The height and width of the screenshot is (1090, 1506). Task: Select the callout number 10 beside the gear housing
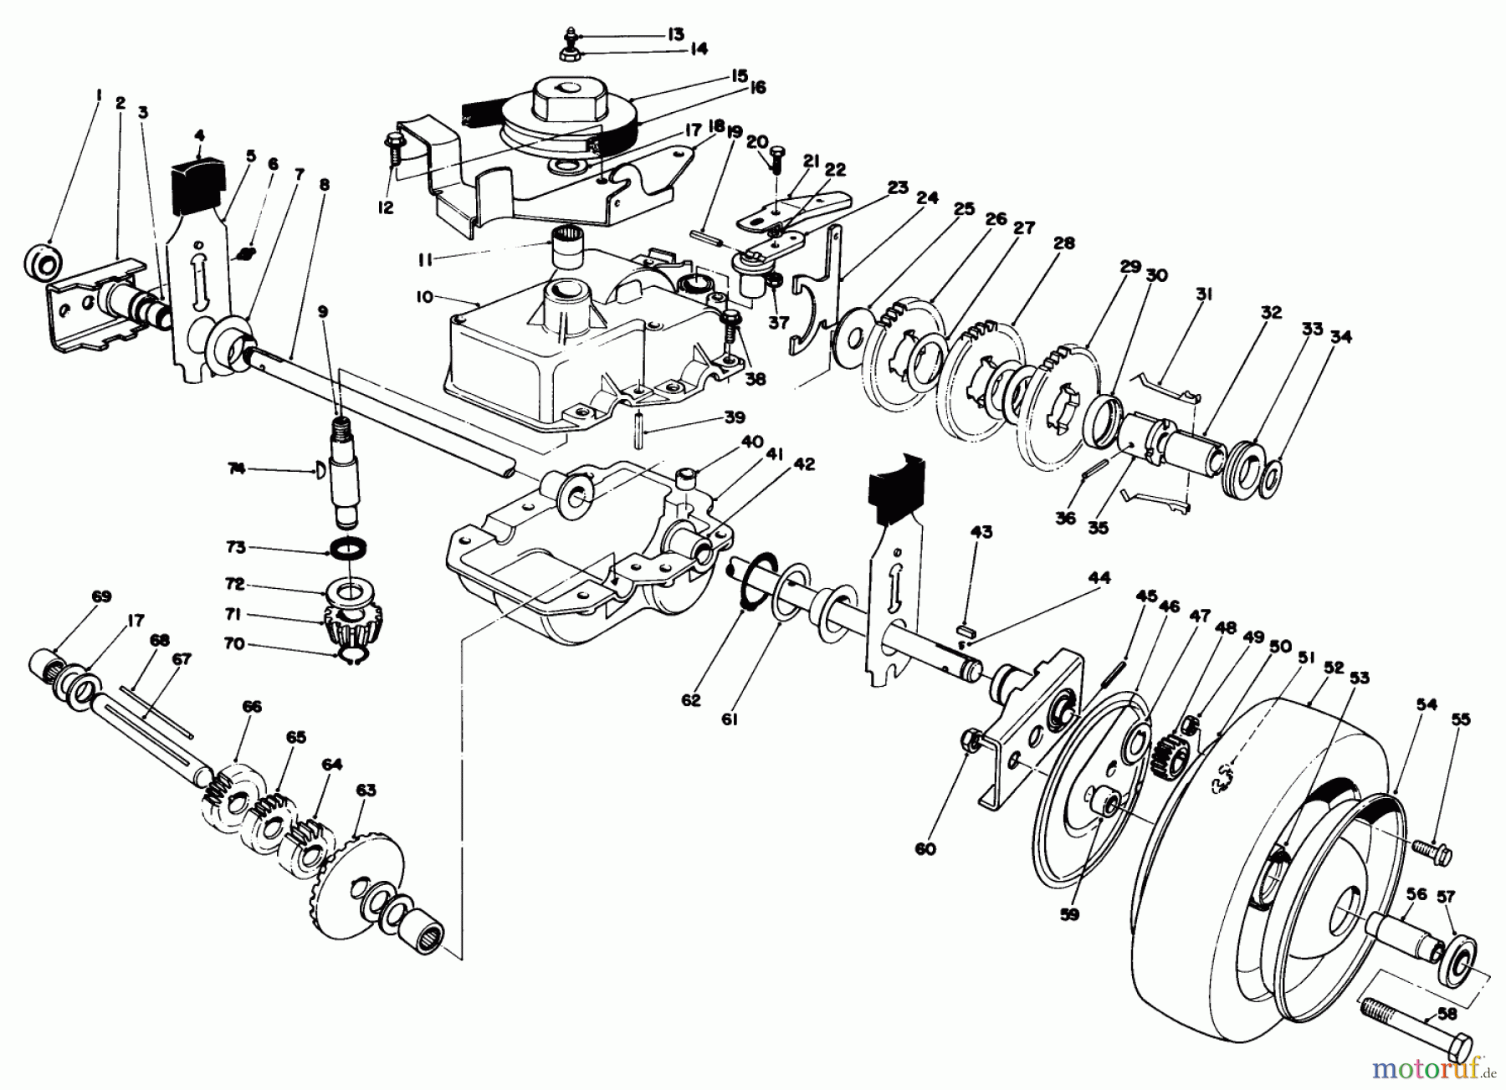pyautogui.click(x=423, y=297)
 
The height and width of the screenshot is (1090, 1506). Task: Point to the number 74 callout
pyautogui.click(x=239, y=471)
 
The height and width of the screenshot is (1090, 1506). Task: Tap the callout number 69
pyautogui.click(x=100, y=596)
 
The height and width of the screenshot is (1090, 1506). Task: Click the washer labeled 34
pyautogui.click(x=1269, y=479)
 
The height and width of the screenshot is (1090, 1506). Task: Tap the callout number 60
pyautogui.click(x=925, y=849)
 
